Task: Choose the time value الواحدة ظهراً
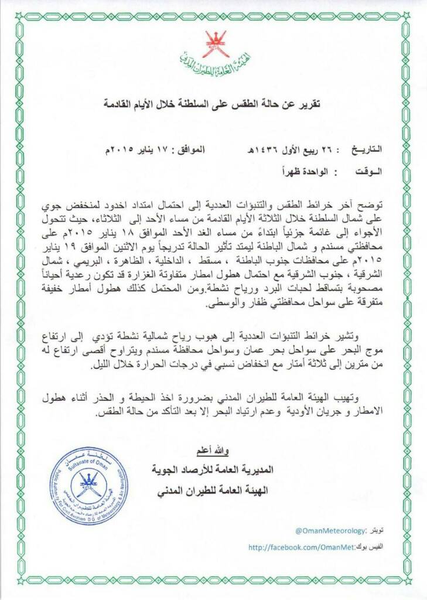tap(302, 173)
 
